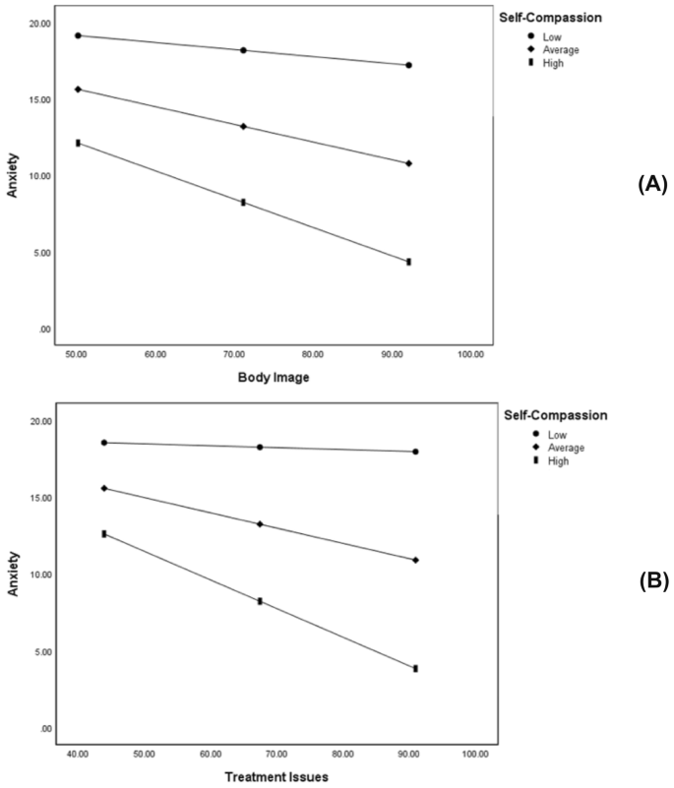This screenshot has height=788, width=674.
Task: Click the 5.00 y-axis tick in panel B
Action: coord(42,651)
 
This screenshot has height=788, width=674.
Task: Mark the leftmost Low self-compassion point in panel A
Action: coord(77,35)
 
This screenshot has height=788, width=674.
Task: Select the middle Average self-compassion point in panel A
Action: coord(243,126)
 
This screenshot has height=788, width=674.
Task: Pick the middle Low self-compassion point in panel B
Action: coord(260,447)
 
